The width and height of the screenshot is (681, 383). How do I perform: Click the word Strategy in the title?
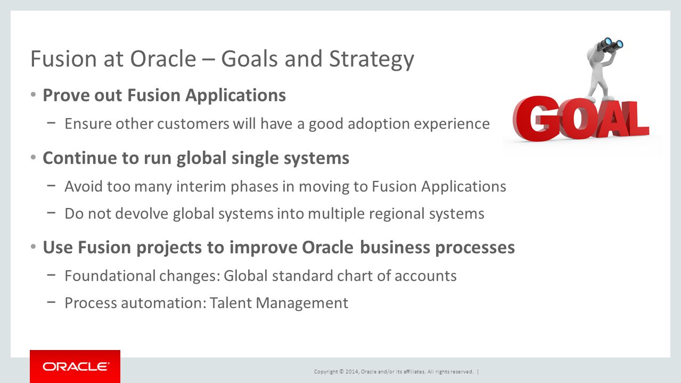371,59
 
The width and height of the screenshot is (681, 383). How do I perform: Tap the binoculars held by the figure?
610,45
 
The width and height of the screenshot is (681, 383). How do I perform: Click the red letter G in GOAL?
536,119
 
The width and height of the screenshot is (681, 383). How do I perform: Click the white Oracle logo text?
76,367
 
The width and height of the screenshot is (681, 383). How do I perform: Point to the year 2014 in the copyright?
352,371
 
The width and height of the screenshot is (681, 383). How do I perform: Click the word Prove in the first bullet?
65,95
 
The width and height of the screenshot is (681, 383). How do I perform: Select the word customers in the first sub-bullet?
193,123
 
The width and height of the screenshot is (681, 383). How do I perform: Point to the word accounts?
425,276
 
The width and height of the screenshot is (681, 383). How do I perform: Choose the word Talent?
231,303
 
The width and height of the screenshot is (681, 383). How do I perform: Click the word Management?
302,303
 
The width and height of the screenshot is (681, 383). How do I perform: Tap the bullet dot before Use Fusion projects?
34,246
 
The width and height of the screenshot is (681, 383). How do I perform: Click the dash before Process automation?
51,302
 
